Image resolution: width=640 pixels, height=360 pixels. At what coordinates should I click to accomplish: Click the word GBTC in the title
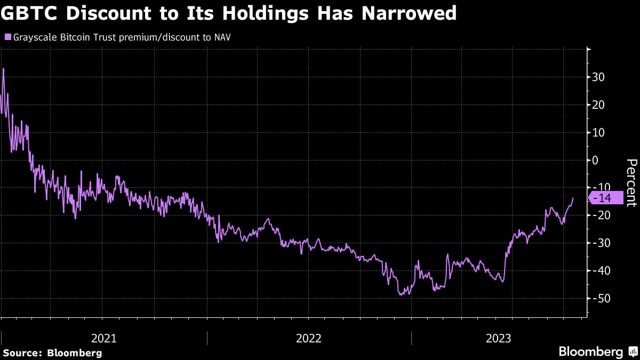pos(33,13)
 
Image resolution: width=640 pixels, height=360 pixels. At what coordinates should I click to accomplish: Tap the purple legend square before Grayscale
pos(7,37)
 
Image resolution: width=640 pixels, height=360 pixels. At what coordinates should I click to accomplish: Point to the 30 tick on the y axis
pos(598,77)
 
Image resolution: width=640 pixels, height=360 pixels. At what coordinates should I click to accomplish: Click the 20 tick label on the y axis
pos(598,105)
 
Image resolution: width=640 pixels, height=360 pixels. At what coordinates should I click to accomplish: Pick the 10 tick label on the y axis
pos(598,132)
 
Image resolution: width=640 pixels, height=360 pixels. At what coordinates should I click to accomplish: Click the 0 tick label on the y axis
pos(595,160)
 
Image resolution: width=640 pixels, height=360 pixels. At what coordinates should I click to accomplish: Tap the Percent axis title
pos(631,182)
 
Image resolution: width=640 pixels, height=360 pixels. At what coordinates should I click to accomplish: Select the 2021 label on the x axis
pos(104,338)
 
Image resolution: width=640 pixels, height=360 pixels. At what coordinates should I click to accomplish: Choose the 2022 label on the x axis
pos(309,338)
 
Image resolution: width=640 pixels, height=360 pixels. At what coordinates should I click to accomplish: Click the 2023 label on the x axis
pos(498,338)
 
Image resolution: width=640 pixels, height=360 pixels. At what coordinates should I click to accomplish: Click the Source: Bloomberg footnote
pos(52,353)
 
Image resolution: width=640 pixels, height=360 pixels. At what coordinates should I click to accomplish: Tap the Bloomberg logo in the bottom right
pos(597,352)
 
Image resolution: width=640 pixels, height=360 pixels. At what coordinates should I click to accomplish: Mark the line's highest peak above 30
pos(4,69)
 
